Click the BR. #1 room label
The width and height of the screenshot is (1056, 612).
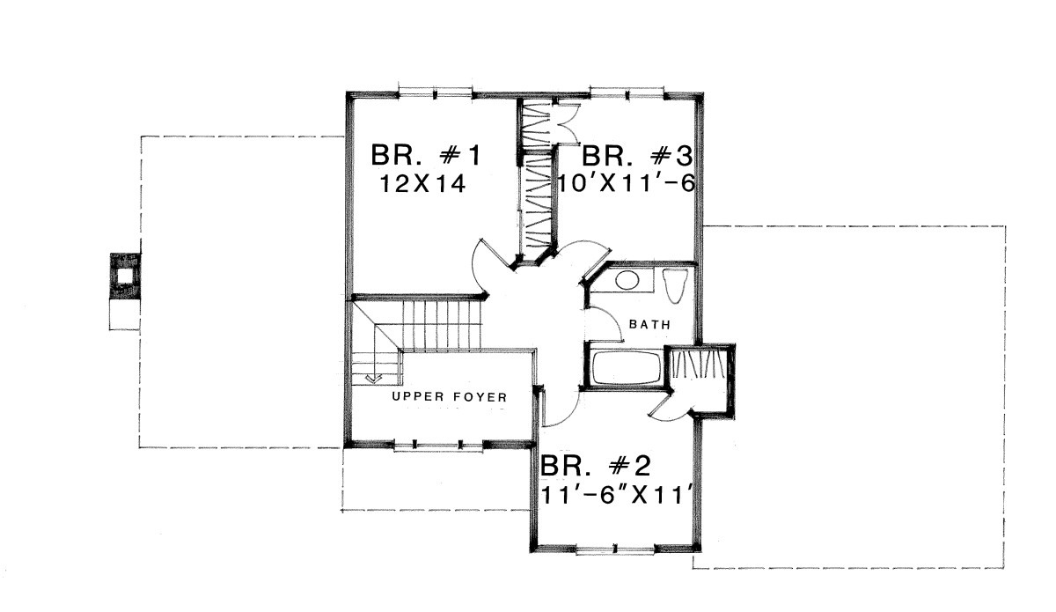pos(426,155)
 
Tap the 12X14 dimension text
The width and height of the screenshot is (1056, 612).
pos(423,183)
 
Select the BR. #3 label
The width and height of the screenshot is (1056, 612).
pos(637,156)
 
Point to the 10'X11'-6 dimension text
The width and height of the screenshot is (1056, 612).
pos(627,183)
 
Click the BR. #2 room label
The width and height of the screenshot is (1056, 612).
pos(596,466)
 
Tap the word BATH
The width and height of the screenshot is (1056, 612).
pos(649,325)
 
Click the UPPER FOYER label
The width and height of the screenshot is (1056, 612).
pos(450,397)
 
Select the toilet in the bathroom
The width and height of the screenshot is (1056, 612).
pos(673,285)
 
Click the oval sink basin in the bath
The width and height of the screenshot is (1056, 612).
pos(627,280)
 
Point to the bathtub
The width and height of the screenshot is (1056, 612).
pos(626,368)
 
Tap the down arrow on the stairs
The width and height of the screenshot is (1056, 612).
pos(374,378)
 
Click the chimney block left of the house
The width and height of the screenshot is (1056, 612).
pos(125,276)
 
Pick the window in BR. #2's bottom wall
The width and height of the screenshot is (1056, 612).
pos(615,549)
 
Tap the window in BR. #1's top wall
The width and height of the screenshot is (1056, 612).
pos(435,93)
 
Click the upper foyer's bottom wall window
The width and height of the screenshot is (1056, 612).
pos(437,445)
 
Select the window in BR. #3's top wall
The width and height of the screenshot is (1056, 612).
pos(627,93)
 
